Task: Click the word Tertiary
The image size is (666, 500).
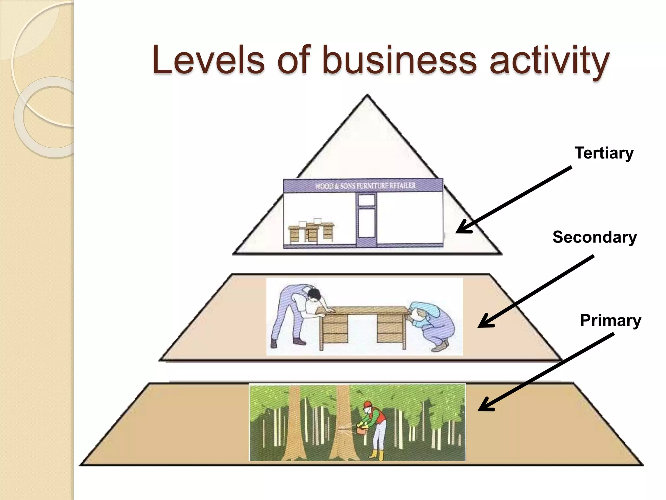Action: (604, 153)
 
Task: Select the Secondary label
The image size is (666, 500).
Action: (594, 237)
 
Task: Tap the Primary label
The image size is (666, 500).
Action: (610, 321)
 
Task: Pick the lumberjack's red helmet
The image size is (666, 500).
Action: (367, 405)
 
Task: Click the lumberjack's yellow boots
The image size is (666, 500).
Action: (377, 455)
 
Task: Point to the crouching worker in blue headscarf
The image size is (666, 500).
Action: (433, 326)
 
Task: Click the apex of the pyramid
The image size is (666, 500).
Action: (367, 96)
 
